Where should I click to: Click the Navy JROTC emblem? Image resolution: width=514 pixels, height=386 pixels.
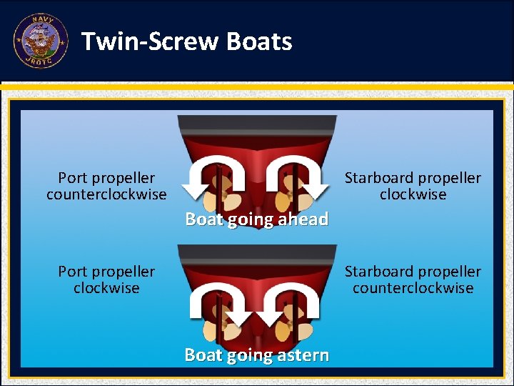coord(41,41)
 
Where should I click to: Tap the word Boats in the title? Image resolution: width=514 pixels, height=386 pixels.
coord(259,41)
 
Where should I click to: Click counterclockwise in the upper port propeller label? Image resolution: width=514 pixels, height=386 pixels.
coord(106,194)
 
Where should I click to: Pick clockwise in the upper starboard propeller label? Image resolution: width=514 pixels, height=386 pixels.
coord(413,194)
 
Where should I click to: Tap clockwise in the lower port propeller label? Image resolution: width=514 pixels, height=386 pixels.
coord(106,288)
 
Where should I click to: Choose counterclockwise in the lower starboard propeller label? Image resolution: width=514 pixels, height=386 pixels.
coord(413,288)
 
